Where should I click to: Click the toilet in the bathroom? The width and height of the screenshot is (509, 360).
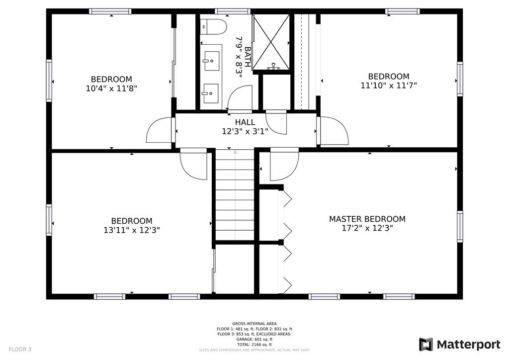tap(213, 27)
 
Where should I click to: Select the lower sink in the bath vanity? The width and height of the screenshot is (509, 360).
tap(211, 93)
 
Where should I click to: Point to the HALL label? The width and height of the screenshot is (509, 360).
tap(245, 122)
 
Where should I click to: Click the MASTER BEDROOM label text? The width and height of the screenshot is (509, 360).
tap(367, 219)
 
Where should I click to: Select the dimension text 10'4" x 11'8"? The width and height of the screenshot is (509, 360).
tap(111, 89)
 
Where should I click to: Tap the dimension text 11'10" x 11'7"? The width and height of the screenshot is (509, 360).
tap(389, 86)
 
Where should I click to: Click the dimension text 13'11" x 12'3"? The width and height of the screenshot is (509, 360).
tap(131, 230)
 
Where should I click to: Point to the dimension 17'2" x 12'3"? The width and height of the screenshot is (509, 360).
tap(367, 228)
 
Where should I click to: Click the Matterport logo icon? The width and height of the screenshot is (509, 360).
tap(425, 345)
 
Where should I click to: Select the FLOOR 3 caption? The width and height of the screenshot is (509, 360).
tap(20, 350)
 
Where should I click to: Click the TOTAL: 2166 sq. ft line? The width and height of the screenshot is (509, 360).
tap(254, 345)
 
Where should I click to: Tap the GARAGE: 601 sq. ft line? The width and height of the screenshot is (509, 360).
tap(254, 339)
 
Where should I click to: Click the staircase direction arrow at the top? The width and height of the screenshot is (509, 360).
tap(235, 152)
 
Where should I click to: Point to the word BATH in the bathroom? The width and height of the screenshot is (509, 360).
tap(248, 57)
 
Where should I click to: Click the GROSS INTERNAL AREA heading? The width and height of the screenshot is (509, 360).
tap(254, 324)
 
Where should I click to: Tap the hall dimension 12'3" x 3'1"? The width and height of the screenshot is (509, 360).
tap(245, 131)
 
